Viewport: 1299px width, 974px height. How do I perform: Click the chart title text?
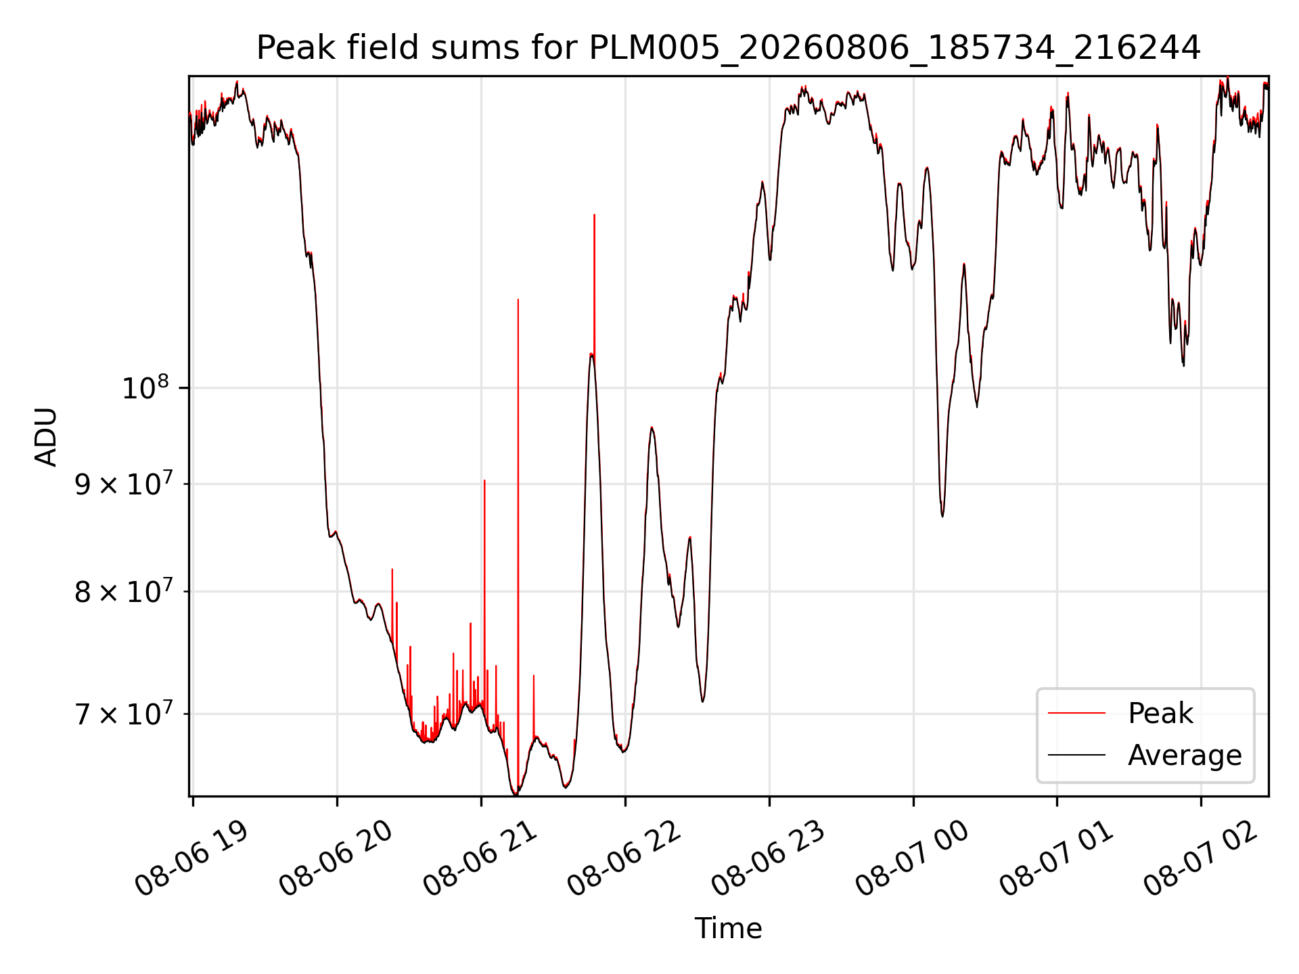point(729,48)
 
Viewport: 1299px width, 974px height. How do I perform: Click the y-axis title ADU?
point(46,436)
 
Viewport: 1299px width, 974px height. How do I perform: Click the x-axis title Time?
point(728,928)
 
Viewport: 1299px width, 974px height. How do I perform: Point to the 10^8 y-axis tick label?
point(145,388)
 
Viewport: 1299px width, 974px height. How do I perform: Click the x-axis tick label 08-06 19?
point(192,859)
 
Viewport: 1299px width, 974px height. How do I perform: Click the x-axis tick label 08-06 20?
point(336,859)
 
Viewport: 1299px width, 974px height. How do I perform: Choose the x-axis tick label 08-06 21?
point(480,859)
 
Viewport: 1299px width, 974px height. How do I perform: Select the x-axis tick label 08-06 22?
point(624,859)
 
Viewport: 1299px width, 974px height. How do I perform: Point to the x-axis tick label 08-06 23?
point(769,859)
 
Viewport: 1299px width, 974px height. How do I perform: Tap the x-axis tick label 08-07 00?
point(913,859)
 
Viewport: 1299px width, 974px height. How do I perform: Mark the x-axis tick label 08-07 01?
point(1057,859)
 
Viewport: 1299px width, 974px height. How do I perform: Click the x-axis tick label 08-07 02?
point(1201,859)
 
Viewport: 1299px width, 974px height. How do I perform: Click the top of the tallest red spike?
point(594,215)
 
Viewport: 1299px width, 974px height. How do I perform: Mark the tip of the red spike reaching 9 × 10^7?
point(484,481)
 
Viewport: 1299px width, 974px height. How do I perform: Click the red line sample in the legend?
point(1076,713)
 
